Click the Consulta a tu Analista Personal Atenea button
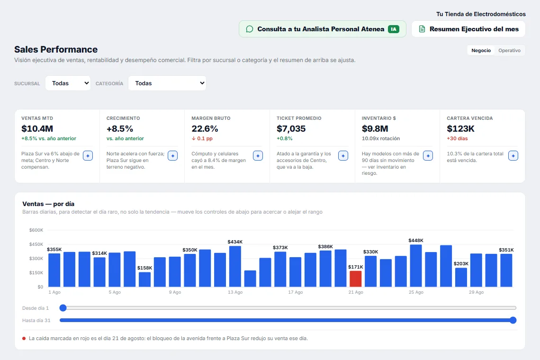coord(323,29)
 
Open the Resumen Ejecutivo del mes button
coord(468,29)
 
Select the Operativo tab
coord(509,50)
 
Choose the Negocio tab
coord(481,50)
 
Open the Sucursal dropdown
coord(68,83)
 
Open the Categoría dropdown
coord(167,83)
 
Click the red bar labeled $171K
coord(355,279)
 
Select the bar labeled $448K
coord(416,266)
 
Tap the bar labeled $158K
coord(144,279)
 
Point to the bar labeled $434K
coord(235,266)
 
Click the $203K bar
coord(461,277)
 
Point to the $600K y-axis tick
coord(36,230)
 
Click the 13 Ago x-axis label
coord(235,292)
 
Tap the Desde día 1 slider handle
coord(63,307)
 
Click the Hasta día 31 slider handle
coord(513,320)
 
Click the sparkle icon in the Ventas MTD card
coord(88,156)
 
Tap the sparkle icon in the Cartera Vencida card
coord(513,156)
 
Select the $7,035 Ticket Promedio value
coord(291,128)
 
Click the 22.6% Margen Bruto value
coord(205,128)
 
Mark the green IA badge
coord(393,29)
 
